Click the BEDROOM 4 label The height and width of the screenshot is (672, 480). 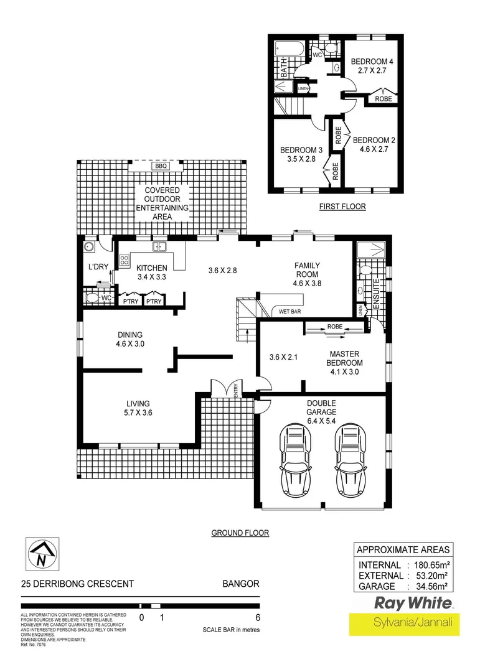coord(372,66)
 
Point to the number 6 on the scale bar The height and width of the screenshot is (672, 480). coord(256,618)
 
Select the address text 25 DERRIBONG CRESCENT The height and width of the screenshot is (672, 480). coord(77,584)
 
